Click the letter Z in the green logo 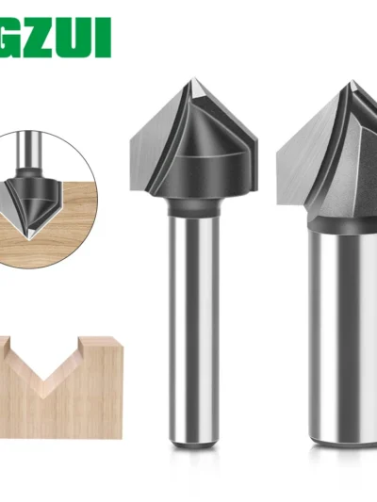47,38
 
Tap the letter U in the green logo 81,38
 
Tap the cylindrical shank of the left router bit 192,330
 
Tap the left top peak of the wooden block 9,343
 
